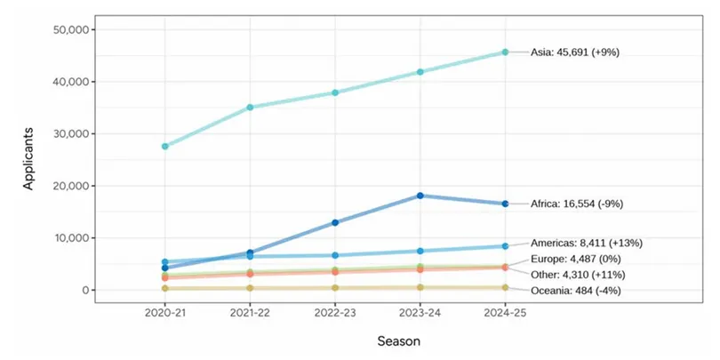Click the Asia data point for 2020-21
165,146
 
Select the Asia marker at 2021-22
251,108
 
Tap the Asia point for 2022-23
335,92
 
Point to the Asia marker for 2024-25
505,52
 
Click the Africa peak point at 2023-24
420,196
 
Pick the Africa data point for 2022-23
335,222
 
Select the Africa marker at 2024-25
505,204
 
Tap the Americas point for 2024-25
505,246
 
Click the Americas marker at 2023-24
420,251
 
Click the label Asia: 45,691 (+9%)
574,52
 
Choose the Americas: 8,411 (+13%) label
586,243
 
